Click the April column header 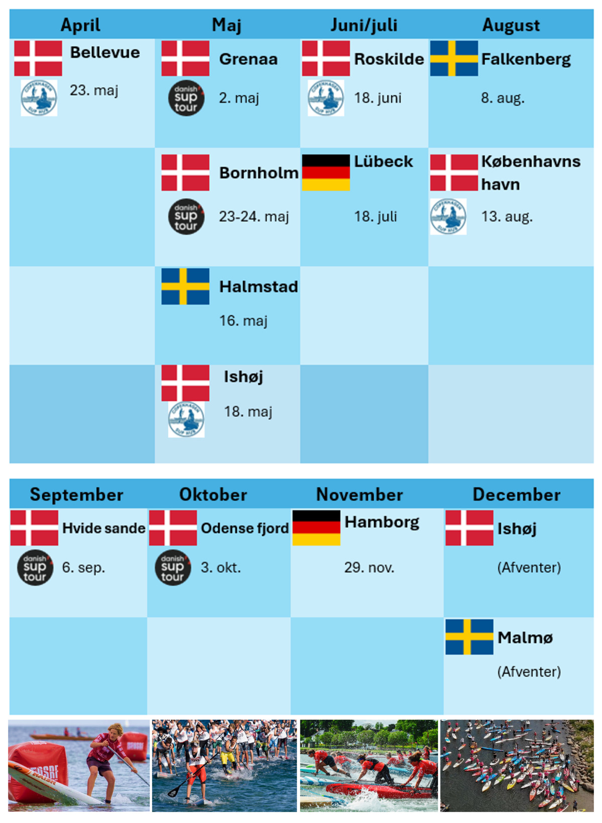80,25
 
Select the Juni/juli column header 364,25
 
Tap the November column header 359,495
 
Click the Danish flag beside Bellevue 38,59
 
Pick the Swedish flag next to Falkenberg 454,59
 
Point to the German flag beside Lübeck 326,173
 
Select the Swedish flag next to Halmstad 185,286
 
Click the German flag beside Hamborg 316,528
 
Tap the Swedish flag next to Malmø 469,637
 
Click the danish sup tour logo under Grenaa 186,98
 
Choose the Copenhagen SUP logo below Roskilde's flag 326,98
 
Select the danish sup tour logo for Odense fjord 173,568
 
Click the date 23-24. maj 254,217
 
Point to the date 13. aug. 507,217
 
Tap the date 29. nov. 369,568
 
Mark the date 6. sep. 83,568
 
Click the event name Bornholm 258,173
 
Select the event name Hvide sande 103,528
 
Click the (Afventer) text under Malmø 529,672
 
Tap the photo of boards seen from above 517,766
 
